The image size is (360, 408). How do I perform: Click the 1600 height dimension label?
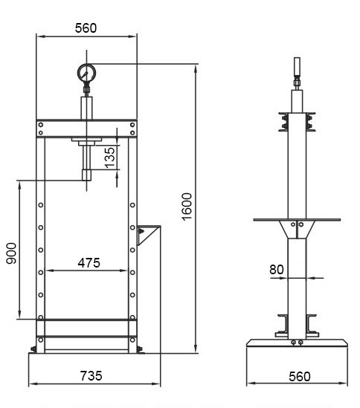187,207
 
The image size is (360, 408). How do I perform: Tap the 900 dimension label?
11,253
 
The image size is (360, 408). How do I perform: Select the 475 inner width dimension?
89,263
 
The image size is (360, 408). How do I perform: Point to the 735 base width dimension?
91,376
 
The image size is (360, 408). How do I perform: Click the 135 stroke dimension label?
109,158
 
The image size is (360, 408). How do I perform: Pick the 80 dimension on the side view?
277,270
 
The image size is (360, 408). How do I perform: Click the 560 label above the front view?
86,28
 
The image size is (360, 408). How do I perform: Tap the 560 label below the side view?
300,377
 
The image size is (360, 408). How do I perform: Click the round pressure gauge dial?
86,73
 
